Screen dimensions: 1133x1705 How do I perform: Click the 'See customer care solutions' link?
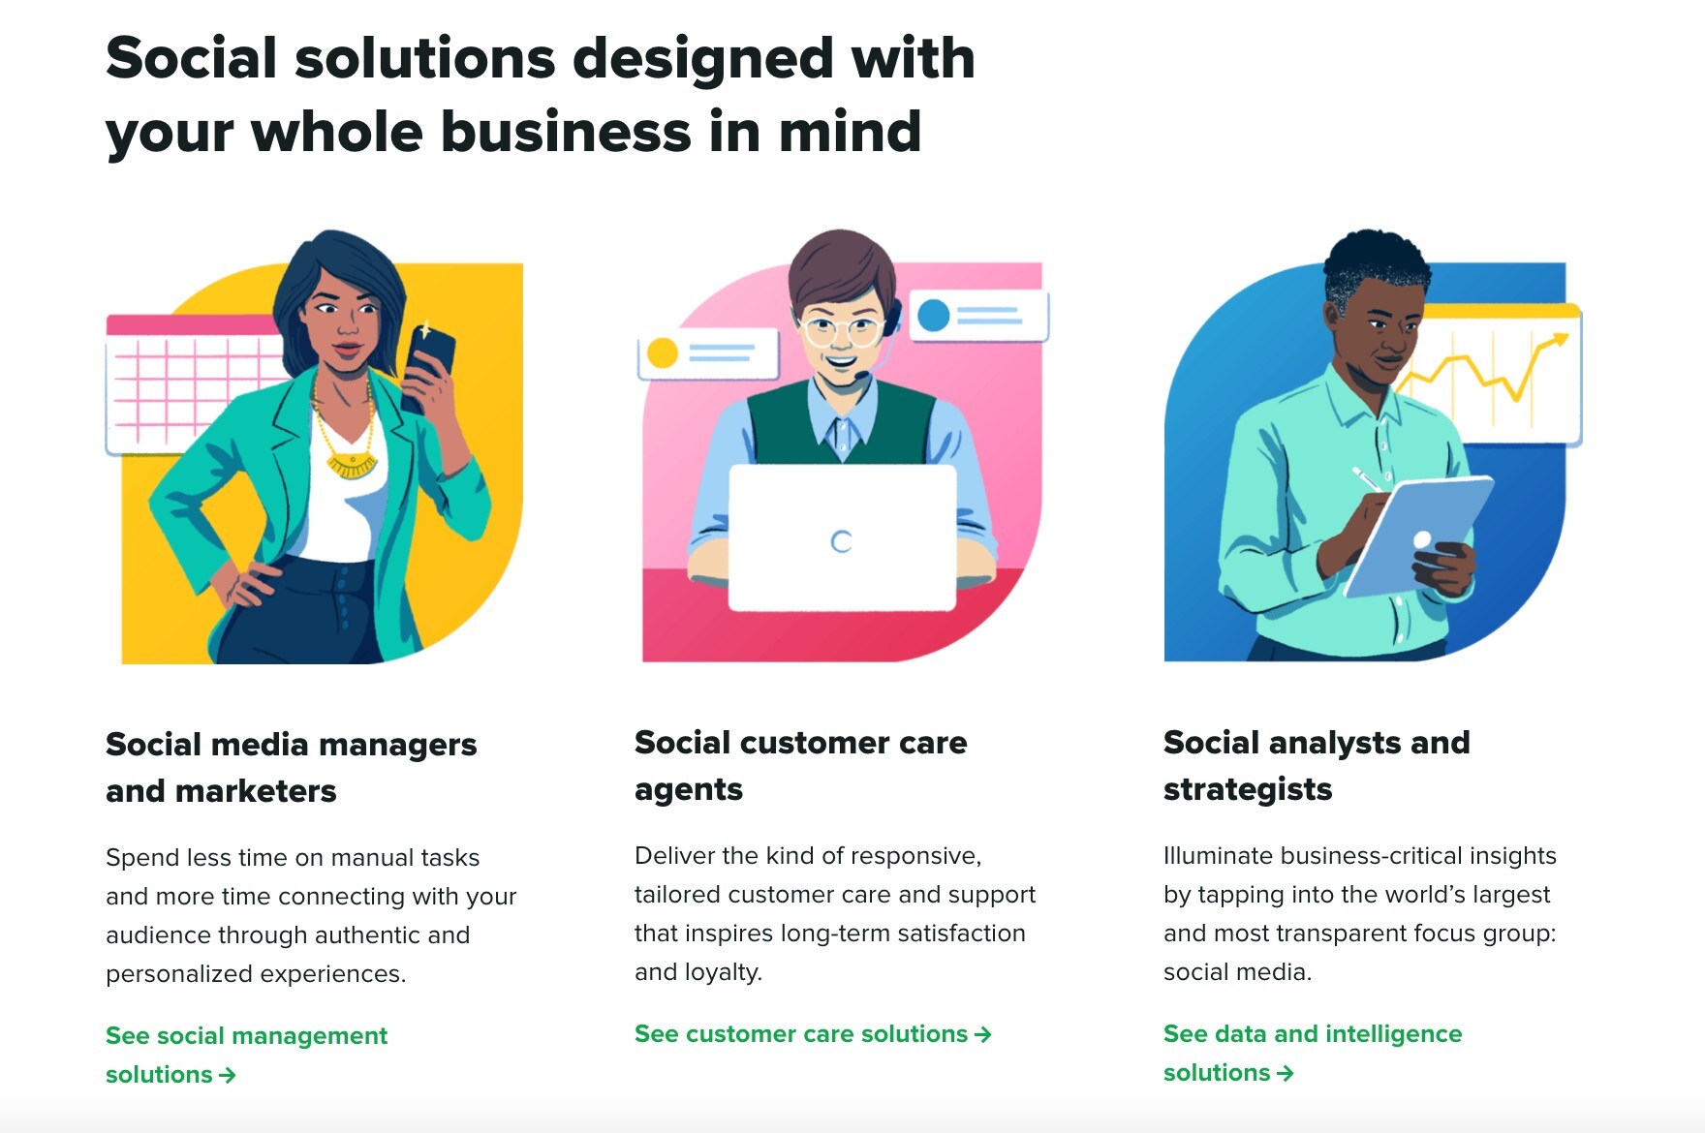coord(812,1034)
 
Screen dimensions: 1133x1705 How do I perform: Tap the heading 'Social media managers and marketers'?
coord(291,767)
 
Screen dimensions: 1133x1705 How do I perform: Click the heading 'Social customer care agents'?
coord(800,765)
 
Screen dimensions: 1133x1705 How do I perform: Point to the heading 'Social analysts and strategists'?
coord(1316,765)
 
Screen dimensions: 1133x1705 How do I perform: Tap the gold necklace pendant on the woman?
coord(351,466)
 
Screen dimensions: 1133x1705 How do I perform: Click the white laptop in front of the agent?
coord(842,538)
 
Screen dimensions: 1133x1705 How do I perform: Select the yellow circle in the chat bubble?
coord(662,352)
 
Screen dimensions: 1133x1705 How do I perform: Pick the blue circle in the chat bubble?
coord(933,316)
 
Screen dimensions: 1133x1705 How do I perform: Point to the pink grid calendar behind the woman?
coord(194,383)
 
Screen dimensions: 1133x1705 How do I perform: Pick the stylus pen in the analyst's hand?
coord(1368,478)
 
